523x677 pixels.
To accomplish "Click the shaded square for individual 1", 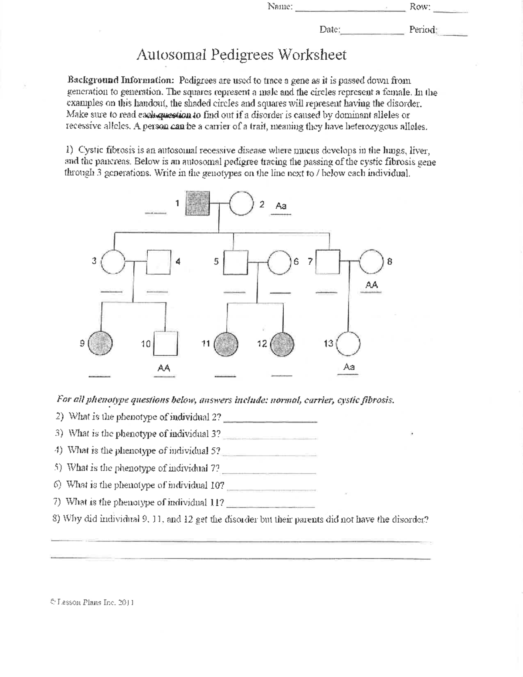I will (197, 203).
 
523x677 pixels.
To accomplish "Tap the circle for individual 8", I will (371, 262).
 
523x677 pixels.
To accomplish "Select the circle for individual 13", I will (348, 344).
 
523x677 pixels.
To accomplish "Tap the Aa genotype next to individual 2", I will (281, 205).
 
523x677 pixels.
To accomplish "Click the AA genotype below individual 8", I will (371, 285).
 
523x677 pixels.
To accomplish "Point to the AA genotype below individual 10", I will (163, 368).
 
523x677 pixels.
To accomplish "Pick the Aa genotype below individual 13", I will (349, 367).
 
